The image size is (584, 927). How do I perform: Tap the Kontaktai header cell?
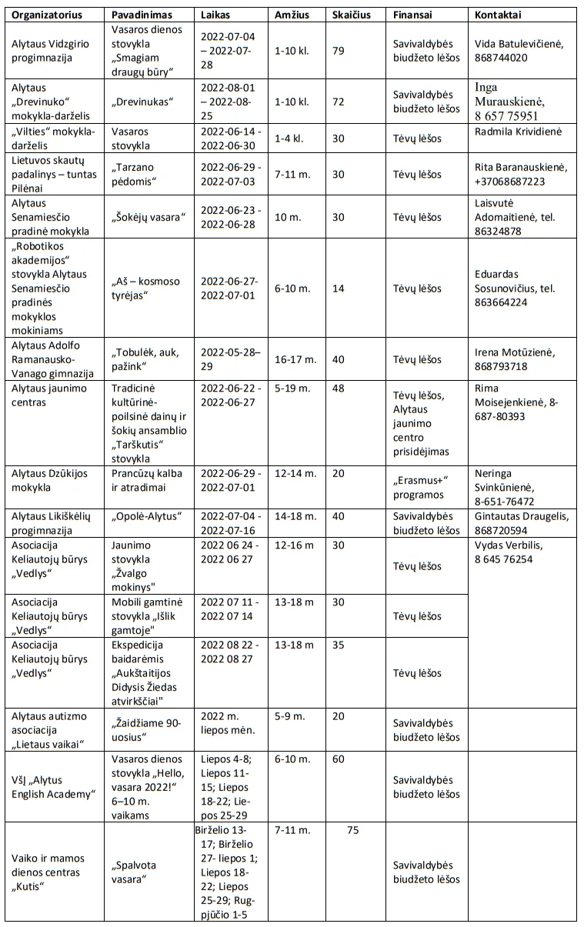point(498,15)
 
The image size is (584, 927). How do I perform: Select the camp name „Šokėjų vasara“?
point(149,217)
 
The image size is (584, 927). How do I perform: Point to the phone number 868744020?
point(502,58)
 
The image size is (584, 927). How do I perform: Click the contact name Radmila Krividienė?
point(519,132)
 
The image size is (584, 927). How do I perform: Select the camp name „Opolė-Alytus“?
point(146,516)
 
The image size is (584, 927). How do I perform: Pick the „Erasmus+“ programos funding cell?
point(420,488)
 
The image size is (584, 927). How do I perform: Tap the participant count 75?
point(353,830)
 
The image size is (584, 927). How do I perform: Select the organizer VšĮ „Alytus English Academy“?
point(52,787)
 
